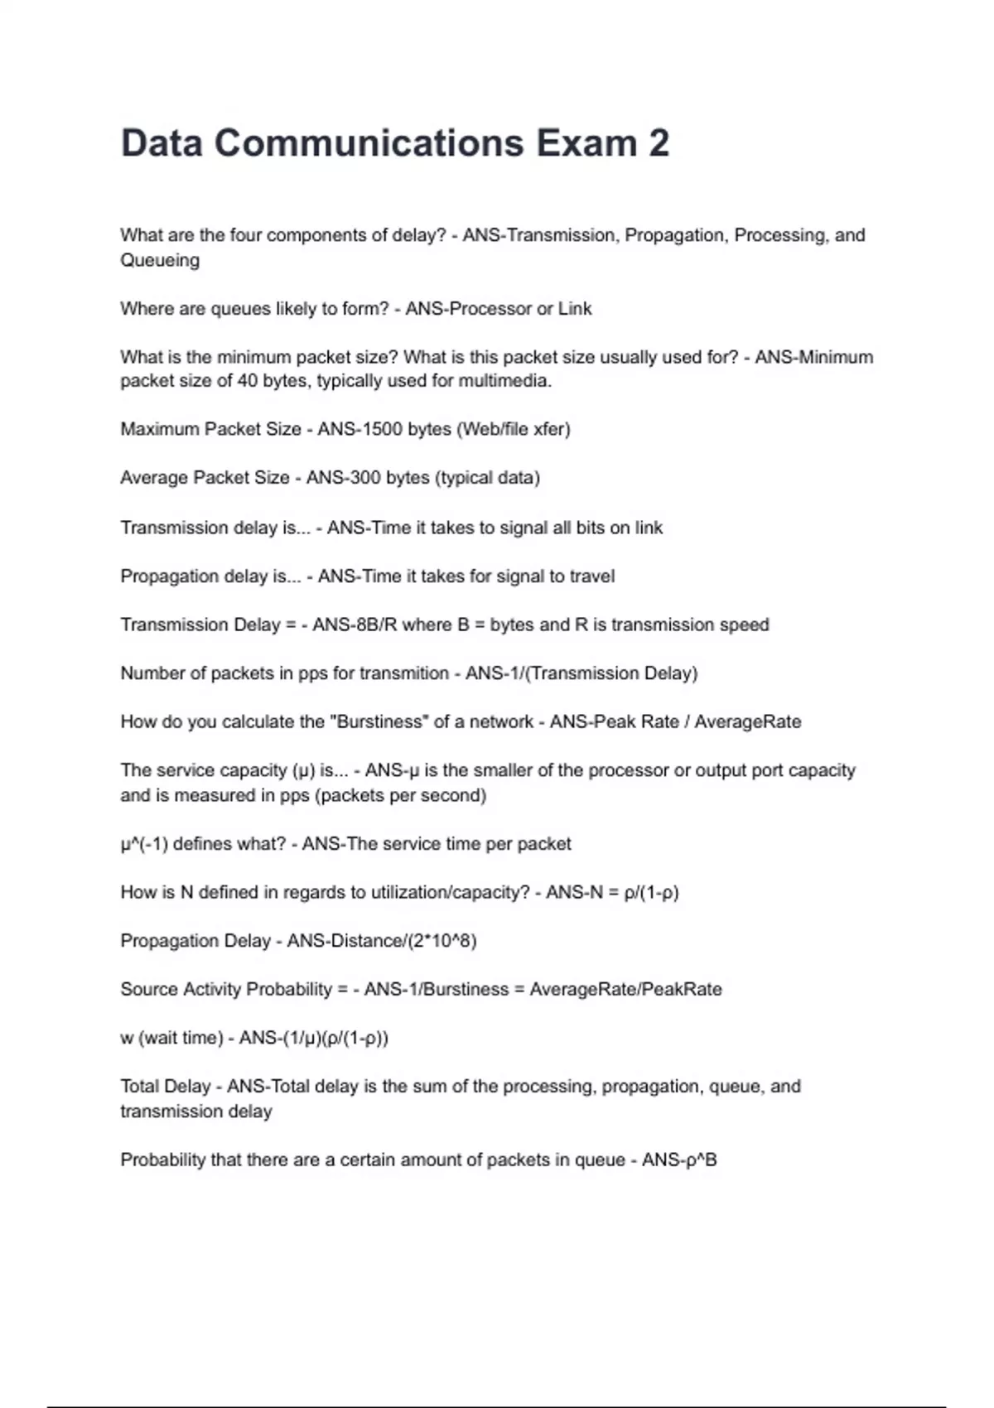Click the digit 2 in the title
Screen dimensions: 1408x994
point(659,143)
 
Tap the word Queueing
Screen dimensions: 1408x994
point(160,260)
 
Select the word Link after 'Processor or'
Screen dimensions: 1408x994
point(575,309)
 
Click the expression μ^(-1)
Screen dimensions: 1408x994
point(145,844)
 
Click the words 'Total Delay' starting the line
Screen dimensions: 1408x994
point(166,1087)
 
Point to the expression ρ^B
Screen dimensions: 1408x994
point(701,1160)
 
